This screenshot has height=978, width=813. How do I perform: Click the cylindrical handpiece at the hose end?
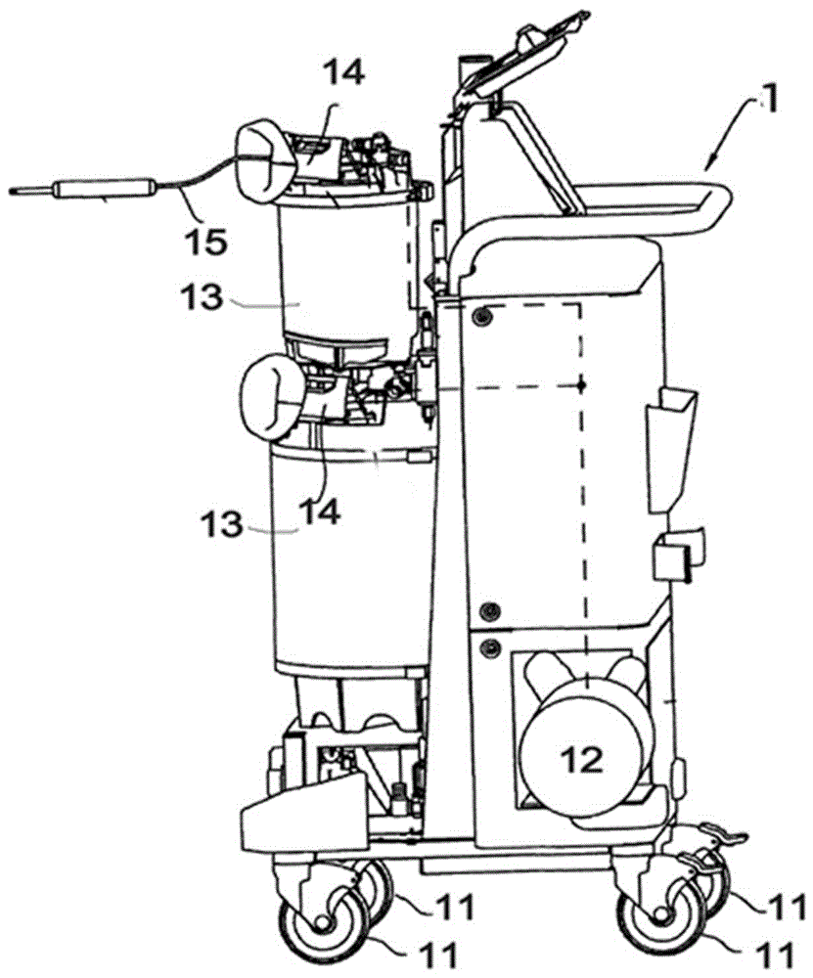103,190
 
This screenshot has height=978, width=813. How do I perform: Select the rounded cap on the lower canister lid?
270,396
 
